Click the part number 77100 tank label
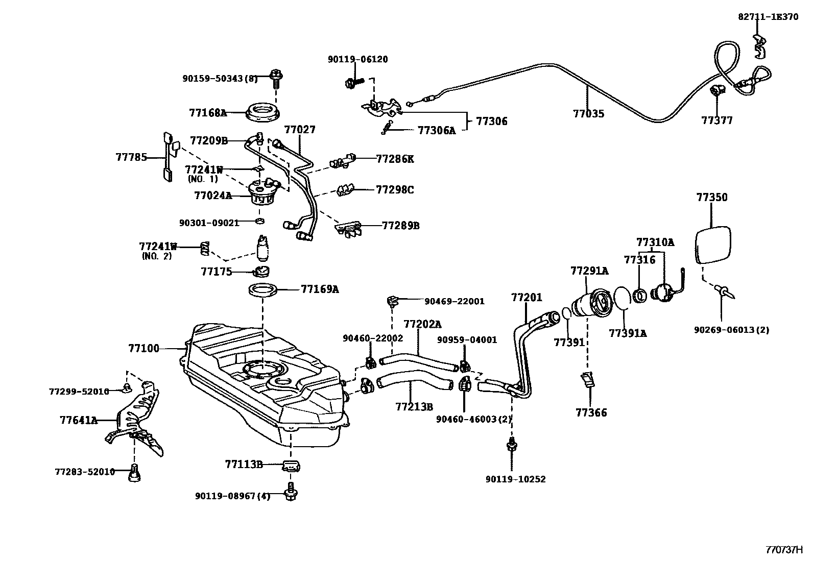144,349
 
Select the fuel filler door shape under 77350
713,245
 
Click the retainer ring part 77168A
263,113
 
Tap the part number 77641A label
78,421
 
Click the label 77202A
422,324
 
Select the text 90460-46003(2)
473,419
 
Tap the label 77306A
436,130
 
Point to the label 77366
591,412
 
